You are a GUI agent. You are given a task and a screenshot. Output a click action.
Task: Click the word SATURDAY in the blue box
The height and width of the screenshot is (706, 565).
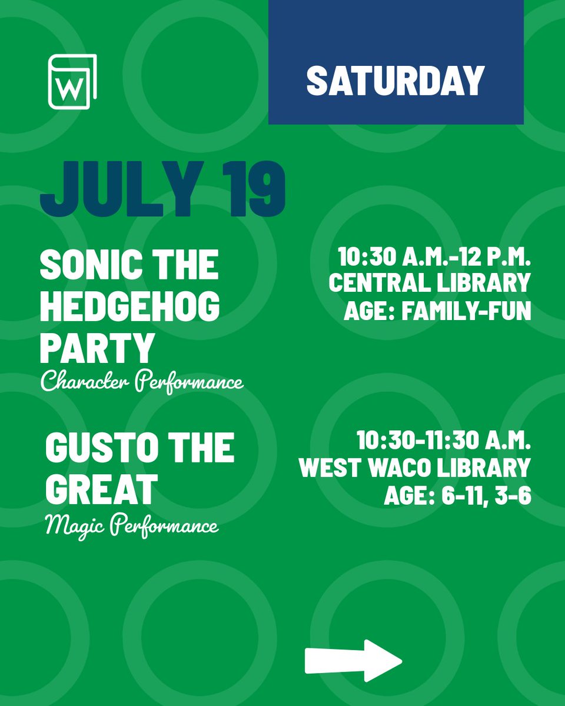[x=395, y=81]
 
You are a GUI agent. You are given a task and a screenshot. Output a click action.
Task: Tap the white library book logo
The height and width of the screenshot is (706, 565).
[x=72, y=82]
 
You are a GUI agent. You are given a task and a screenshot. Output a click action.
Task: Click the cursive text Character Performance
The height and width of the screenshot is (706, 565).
[x=141, y=383]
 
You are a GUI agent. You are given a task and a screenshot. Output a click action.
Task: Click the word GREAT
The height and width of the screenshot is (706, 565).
[x=102, y=488]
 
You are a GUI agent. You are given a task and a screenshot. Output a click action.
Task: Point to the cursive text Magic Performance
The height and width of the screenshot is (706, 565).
[x=132, y=525]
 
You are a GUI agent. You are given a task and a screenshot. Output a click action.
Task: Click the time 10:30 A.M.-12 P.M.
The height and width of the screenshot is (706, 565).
[x=434, y=258]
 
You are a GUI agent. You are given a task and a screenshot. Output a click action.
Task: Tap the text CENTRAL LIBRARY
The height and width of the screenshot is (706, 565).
[x=430, y=283]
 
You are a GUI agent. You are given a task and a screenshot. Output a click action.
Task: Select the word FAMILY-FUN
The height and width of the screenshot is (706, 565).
[x=466, y=309]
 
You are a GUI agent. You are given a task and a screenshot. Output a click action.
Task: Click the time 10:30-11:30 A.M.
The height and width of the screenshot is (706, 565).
[x=443, y=441]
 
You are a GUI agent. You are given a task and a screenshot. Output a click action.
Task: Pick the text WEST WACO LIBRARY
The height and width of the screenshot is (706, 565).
[x=414, y=468]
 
